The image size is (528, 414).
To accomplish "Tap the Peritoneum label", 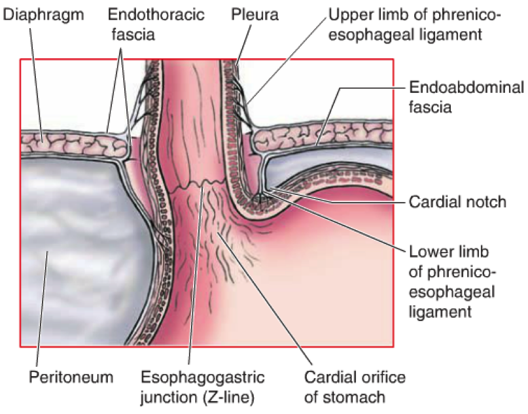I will (71, 377).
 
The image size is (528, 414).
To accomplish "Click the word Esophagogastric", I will (202, 377).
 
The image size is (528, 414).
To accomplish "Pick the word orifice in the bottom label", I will (383, 377).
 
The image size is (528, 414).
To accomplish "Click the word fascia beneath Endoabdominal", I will (430, 107).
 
